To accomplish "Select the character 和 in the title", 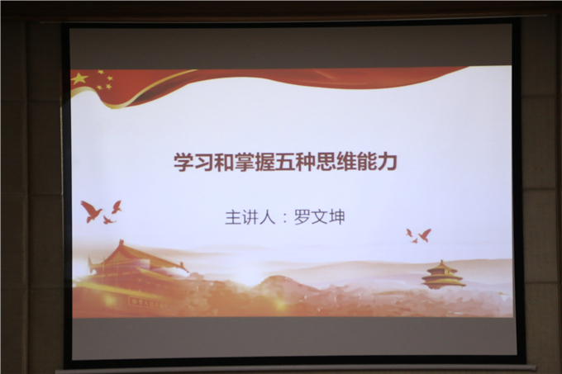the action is coord(224,162).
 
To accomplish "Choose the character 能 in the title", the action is coord(367,162).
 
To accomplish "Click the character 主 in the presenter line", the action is coord(232,217).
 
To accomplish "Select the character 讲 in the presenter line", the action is coord(250,217).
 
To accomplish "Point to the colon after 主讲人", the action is coord(285,218).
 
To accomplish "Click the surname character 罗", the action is coord(302,217).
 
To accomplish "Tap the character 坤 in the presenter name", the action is coord(337,217).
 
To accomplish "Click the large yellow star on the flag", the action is coord(79,78).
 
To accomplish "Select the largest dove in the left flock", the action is coord(91,211).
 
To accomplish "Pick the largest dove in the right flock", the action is coord(425,235).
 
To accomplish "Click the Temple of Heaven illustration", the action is coord(442,274).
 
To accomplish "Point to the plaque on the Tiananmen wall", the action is coord(148,303).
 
